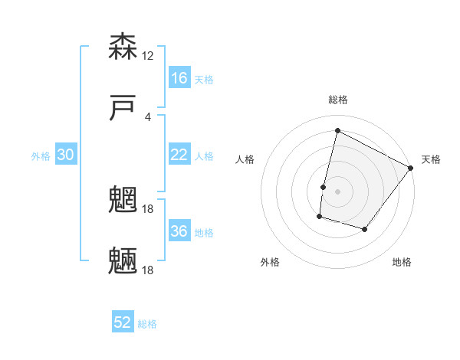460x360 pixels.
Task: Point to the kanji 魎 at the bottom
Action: pos(123,260)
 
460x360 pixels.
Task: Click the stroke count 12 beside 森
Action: pos(148,56)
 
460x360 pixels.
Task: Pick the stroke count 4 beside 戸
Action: pos(148,116)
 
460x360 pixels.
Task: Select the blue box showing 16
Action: pos(179,78)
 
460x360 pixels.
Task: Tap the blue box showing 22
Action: pos(179,155)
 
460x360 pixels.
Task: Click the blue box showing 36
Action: pos(179,231)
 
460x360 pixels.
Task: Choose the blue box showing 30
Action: pos(66,155)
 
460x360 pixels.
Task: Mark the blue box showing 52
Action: pos(123,322)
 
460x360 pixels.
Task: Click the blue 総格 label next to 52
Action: pos(147,324)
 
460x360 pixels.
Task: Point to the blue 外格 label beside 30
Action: pos(41,156)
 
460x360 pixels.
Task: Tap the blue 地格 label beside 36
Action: pos(204,233)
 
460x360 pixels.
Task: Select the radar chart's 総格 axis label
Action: pos(337,100)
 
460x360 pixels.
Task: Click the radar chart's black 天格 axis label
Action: pos(431,159)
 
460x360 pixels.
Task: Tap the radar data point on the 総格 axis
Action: pos(337,130)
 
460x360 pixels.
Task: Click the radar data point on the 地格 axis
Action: pos(365,229)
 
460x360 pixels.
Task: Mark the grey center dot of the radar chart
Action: pos(337,191)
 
